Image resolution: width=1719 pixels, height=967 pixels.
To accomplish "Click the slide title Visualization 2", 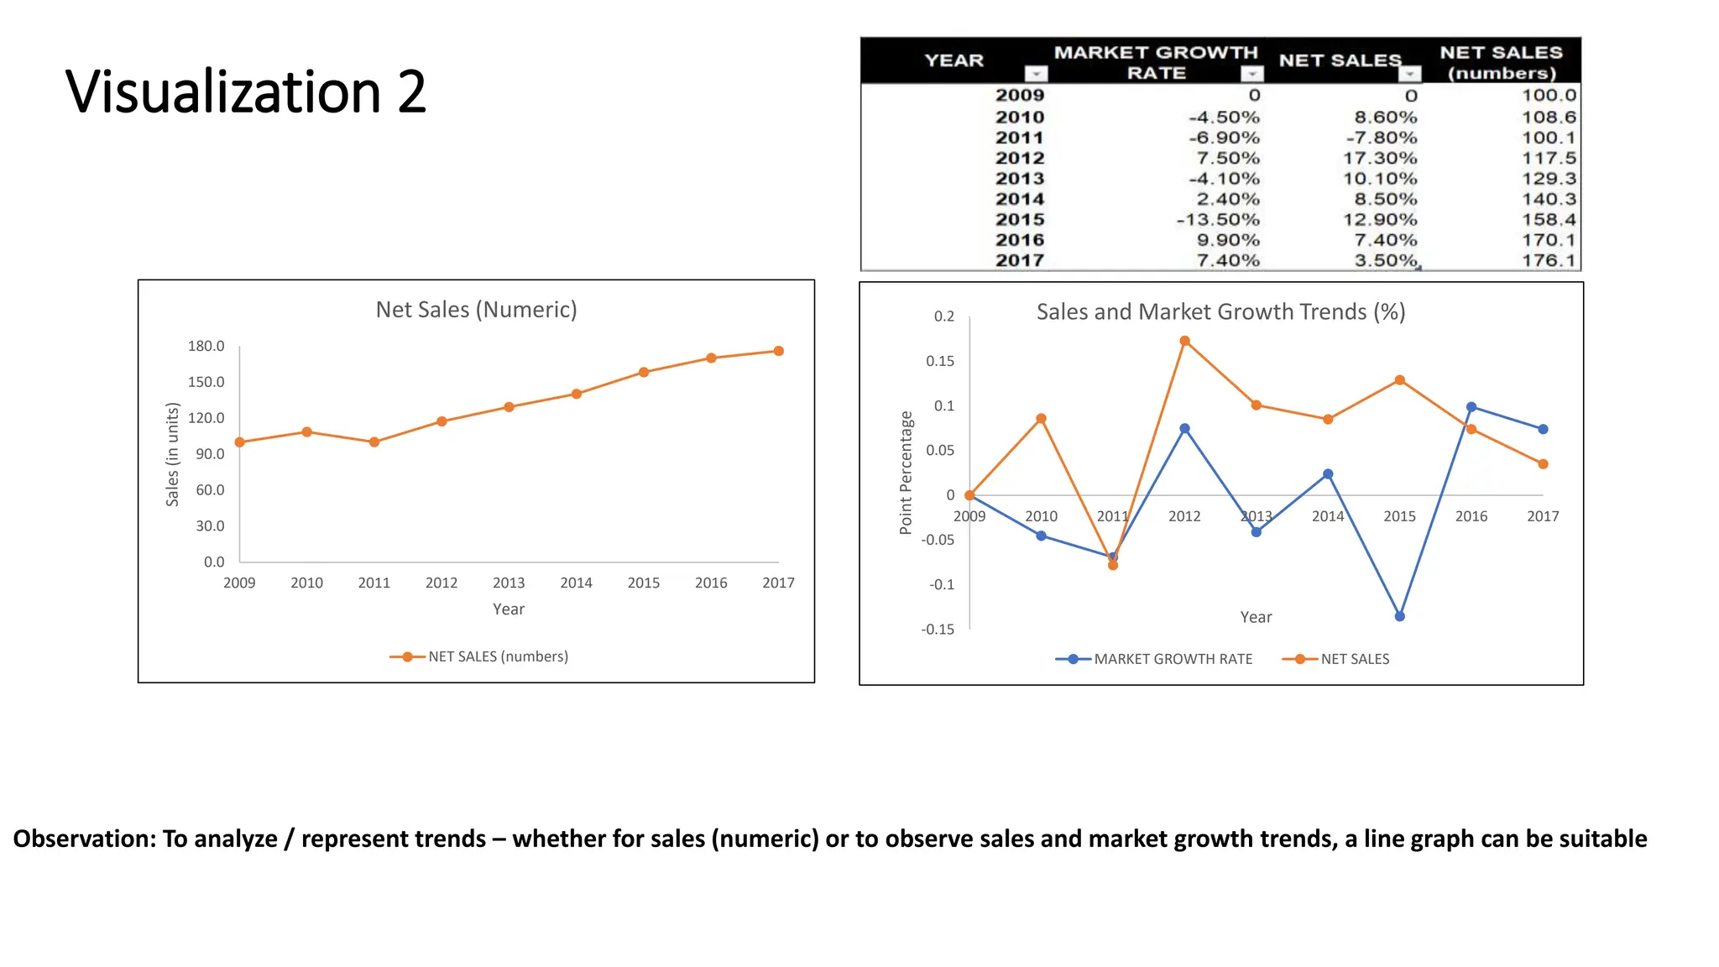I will [245, 91].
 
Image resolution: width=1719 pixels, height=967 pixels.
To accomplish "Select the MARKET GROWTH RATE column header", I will [1156, 62].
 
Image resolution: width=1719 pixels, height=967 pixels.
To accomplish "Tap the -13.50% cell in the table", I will [1218, 220].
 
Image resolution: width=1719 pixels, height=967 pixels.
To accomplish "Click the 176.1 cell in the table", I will [1549, 261].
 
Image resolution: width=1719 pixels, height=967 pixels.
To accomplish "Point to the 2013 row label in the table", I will [1020, 179].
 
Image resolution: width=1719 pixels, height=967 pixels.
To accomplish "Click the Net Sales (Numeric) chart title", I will [476, 310].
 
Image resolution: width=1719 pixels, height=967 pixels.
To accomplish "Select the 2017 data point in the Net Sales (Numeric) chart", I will [779, 351].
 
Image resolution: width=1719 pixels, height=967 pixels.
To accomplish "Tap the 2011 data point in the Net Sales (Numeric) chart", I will [374, 442].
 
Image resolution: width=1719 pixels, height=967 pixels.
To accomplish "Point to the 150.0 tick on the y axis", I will [206, 382].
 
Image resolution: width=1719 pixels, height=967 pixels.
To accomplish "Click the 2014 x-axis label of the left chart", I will [576, 583].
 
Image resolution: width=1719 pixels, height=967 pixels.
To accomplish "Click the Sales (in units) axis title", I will [173, 454].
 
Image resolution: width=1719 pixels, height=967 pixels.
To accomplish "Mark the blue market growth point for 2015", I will [1400, 616].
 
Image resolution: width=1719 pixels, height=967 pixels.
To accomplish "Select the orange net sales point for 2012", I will [1184, 341].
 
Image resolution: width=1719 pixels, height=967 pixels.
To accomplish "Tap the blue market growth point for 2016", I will [1471, 407].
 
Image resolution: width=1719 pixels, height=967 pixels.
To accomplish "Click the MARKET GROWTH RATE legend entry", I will [1173, 659].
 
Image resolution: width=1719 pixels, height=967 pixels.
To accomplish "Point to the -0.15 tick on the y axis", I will [938, 630].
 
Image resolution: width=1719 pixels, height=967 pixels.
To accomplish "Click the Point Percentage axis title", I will [906, 473].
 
